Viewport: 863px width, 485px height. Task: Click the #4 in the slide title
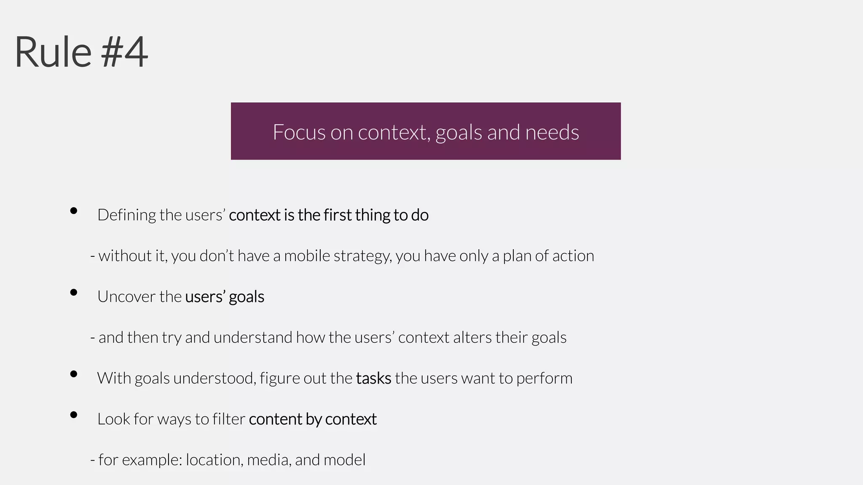125,52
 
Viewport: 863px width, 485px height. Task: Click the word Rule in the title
53,52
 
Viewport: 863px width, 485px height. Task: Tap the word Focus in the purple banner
299,132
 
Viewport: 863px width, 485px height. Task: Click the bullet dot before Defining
74,211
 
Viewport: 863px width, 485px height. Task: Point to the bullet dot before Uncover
74,292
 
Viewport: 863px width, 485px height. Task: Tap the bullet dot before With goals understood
74,374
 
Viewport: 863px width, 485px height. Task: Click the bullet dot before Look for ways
74,415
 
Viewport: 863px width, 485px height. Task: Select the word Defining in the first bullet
126,215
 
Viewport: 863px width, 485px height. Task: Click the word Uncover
126,297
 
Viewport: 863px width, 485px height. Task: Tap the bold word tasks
373,378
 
